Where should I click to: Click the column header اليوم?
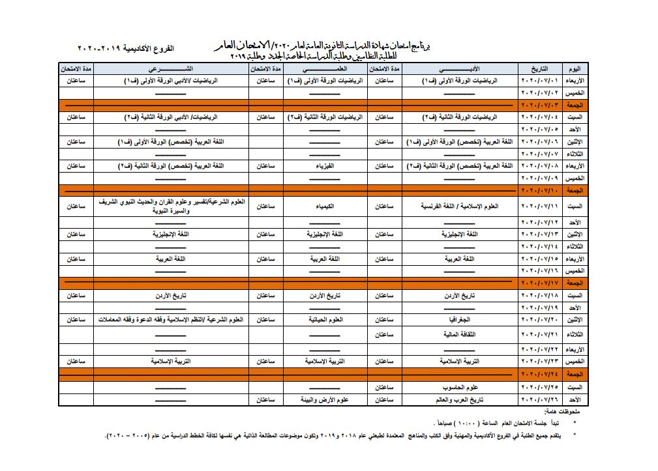click(x=575, y=68)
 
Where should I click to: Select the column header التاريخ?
click(x=539, y=68)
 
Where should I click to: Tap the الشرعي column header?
click(x=170, y=68)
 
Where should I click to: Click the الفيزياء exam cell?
click(x=325, y=166)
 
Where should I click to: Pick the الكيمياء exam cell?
click(x=325, y=206)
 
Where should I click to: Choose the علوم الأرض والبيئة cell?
click(x=325, y=399)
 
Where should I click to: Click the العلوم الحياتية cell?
click(x=325, y=320)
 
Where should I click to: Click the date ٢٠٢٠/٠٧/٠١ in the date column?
click(x=539, y=81)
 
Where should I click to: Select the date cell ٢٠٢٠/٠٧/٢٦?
click(x=539, y=399)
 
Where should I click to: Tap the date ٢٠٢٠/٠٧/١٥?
click(x=539, y=259)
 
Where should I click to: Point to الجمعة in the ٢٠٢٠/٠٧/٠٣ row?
click(x=575, y=105)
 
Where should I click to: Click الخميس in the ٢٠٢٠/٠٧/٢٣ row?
click(x=575, y=361)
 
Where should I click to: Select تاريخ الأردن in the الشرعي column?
click(x=170, y=295)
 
